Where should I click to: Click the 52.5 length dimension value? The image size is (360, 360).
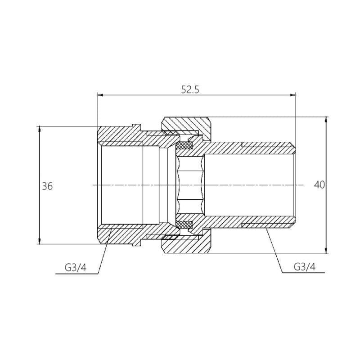190,89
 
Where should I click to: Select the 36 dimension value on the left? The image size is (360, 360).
47,185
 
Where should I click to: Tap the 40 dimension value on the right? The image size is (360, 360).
319,185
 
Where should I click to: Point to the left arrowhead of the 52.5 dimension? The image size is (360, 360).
100,95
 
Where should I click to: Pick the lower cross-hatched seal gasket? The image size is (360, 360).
184,224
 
